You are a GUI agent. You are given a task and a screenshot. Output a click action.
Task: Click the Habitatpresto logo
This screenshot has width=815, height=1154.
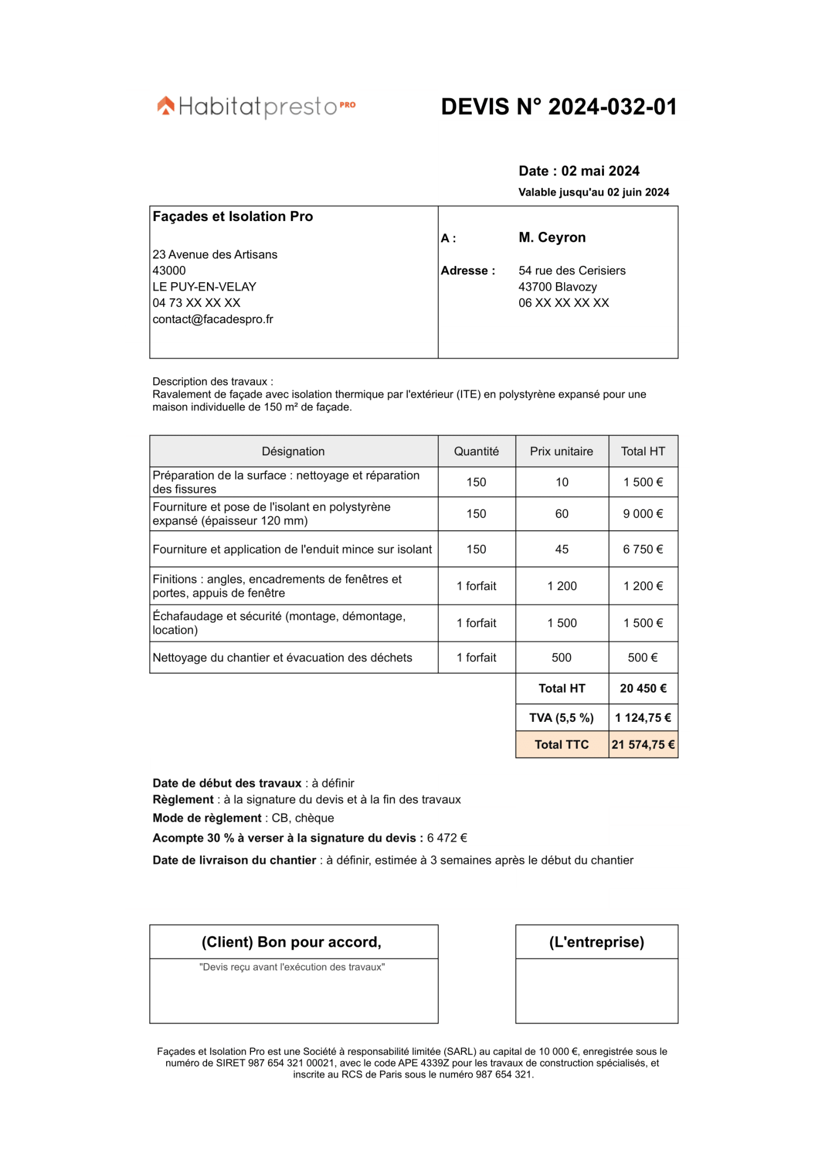(256, 106)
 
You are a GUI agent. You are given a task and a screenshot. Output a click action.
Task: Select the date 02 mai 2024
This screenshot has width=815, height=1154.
(600, 171)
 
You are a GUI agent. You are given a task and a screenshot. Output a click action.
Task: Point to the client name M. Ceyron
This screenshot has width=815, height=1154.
(551, 237)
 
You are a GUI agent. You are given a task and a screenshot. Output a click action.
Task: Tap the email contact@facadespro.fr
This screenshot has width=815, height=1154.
(212, 319)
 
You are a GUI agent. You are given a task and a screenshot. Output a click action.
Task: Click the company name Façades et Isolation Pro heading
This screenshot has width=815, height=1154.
(232, 216)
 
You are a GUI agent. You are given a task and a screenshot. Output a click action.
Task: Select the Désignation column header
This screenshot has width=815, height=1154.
(293, 451)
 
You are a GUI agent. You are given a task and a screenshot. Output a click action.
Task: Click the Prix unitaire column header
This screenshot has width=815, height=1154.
(561, 451)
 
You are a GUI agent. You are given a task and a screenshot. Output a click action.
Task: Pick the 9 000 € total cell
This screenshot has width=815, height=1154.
(643, 514)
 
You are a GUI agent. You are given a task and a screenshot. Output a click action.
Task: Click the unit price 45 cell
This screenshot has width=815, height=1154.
(561, 549)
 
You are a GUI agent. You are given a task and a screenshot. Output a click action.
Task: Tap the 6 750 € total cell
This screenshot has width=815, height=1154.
(643, 549)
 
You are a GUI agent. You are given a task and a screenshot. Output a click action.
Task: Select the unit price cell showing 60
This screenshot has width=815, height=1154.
(561, 514)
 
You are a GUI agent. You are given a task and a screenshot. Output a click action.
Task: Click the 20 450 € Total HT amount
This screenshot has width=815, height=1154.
(643, 688)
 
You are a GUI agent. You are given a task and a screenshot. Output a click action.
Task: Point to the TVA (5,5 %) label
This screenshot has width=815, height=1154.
(561, 718)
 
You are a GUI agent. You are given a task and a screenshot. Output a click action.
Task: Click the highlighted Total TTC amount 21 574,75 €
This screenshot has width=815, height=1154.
(643, 745)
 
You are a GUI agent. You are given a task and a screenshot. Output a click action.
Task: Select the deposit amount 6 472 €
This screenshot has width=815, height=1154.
(446, 838)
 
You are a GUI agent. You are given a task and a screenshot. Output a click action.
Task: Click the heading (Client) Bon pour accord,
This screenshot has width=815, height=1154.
(291, 942)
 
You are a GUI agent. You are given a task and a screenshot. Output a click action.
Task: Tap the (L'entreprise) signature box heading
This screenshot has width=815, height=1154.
(596, 942)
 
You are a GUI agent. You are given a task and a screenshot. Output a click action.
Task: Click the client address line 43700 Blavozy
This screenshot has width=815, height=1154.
(557, 287)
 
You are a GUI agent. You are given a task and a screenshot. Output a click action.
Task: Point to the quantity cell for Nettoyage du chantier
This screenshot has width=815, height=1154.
(476, 658)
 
